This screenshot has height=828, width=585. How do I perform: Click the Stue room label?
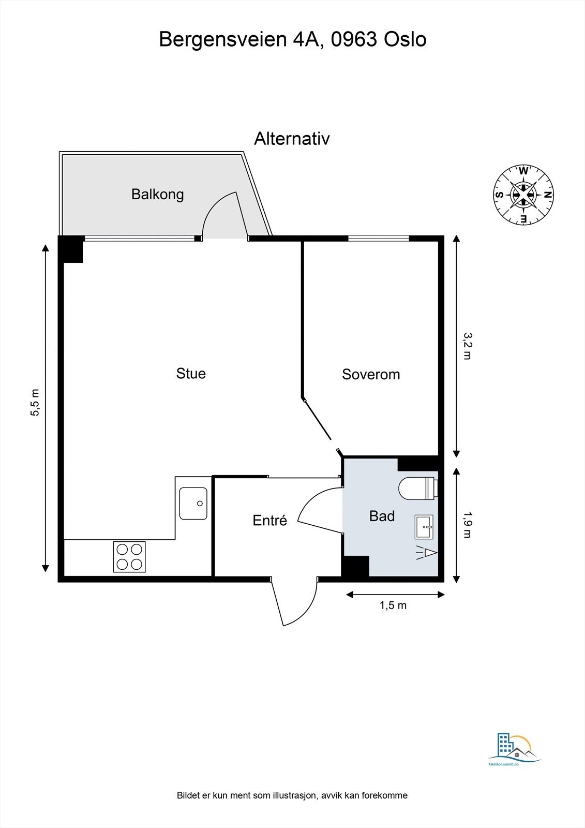coord(191,374)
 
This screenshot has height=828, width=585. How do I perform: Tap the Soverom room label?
coord(371,375)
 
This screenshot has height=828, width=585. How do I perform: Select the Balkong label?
coord(157,195)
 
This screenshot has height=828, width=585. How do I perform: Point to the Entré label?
coord(269,521)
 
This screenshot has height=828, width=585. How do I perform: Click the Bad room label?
coord(382,516)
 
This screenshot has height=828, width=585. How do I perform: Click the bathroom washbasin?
coord(424,527)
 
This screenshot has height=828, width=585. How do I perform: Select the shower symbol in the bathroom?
coord(426,553)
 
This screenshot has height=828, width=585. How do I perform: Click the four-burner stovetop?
coord(129,557)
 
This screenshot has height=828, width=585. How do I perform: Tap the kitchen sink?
coord(193,504)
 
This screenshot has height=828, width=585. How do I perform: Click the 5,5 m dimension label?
coord(35,402)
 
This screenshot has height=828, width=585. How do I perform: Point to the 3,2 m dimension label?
coord(468,346)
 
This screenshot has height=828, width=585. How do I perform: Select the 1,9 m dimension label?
coord(468,524)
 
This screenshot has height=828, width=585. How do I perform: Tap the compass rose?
coord(523,195)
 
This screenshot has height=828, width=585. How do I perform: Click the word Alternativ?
coord(292,139)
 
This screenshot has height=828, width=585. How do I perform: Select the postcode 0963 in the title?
coord(354,40)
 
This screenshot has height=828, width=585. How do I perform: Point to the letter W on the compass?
coord(523,171)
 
